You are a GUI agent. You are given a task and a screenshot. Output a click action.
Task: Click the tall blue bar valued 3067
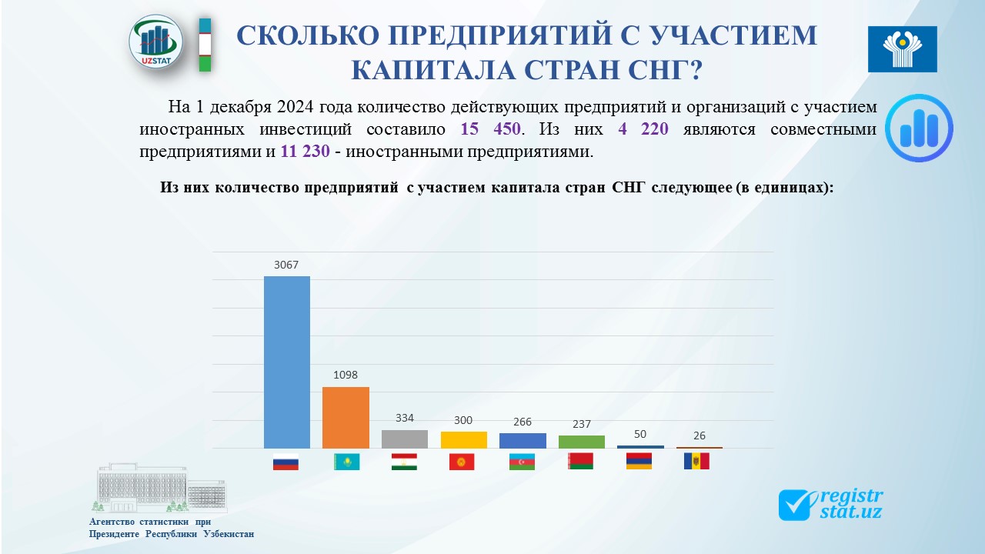(287, 362)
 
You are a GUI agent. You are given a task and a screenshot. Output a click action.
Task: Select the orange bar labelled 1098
(346, 418)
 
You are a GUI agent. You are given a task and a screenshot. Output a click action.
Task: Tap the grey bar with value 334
(405, 439)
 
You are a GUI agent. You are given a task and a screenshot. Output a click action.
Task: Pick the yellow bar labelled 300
(464, 440)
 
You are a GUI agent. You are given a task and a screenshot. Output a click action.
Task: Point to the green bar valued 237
(582, 442)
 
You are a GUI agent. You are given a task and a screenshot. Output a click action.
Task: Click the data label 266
(523, 422)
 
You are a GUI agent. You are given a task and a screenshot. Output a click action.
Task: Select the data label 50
(640, 435)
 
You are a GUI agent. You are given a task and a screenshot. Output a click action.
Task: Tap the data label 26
(700, 436)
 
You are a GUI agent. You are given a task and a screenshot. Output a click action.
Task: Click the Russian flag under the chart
(285, 462)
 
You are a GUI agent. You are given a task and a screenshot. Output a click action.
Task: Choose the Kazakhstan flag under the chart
(346, 462)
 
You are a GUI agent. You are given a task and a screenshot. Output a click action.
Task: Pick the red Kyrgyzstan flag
(462, 462)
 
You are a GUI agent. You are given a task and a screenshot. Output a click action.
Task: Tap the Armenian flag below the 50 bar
(639, 461)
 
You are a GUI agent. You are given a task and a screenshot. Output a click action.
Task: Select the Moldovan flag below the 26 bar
(696, 461)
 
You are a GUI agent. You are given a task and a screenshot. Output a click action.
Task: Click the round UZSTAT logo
(156, 42)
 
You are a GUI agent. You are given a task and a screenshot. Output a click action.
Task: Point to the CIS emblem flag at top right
(903, 48)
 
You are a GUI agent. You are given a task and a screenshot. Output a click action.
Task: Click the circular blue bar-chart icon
(919, 128)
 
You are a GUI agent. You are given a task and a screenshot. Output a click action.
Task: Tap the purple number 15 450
(490, 128)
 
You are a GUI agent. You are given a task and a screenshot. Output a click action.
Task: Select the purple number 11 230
(306, 152)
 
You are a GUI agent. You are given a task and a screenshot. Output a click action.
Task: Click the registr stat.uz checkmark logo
(830, 505)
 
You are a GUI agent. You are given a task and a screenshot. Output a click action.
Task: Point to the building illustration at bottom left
(162, 488)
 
